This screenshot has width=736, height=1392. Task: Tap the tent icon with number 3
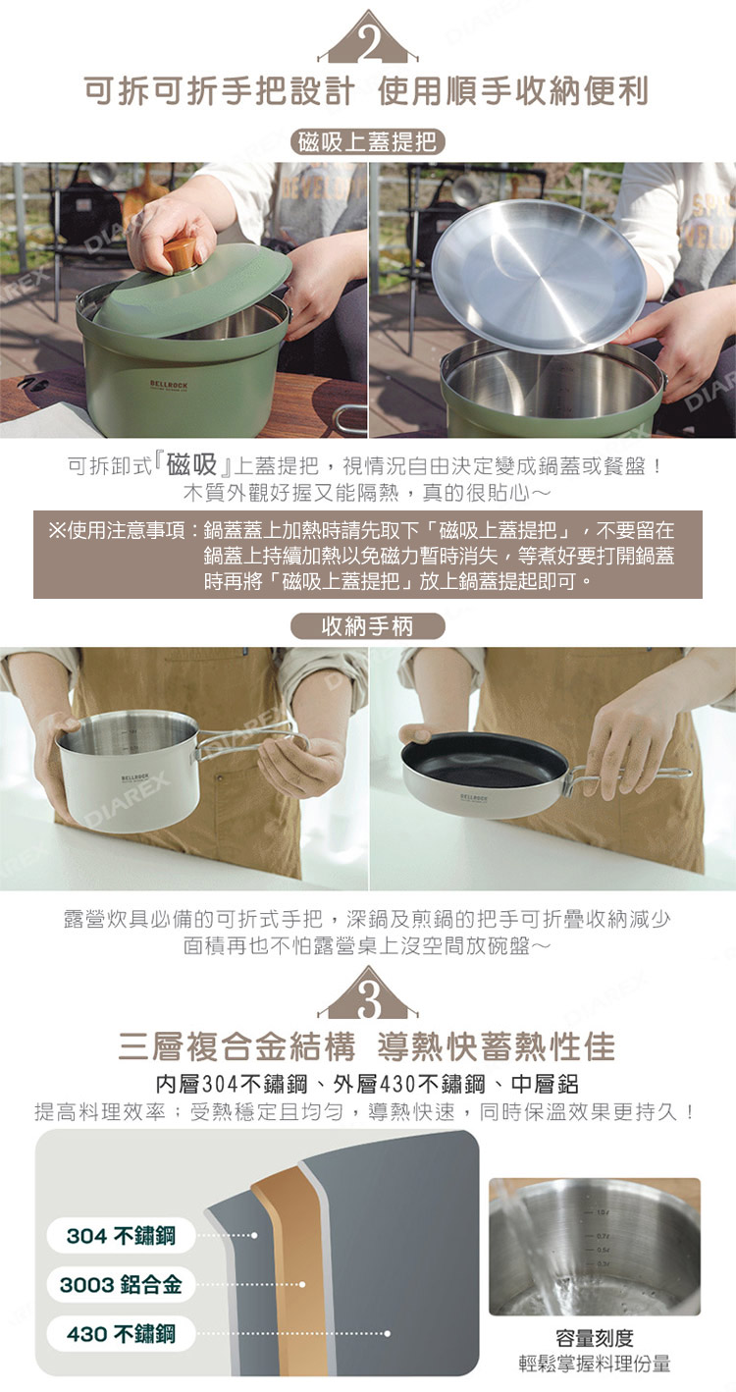368,993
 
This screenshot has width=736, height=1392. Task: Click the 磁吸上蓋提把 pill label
368,142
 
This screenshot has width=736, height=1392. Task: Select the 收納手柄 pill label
368,625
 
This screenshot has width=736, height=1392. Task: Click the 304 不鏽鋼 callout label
121,1235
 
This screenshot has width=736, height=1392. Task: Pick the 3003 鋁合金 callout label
121,1284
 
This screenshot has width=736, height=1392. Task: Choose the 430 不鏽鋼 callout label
121,1333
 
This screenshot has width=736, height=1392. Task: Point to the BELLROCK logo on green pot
169,385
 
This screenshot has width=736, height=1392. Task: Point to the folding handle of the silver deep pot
251,741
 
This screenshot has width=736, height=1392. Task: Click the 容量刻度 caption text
595,1337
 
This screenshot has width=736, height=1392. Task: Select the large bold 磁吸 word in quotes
192,464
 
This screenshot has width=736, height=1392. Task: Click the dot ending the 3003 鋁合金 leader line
302,1284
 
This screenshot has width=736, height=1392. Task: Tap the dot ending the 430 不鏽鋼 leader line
388,1333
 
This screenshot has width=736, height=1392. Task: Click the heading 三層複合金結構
237,1045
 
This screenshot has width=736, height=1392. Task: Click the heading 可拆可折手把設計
219,90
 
